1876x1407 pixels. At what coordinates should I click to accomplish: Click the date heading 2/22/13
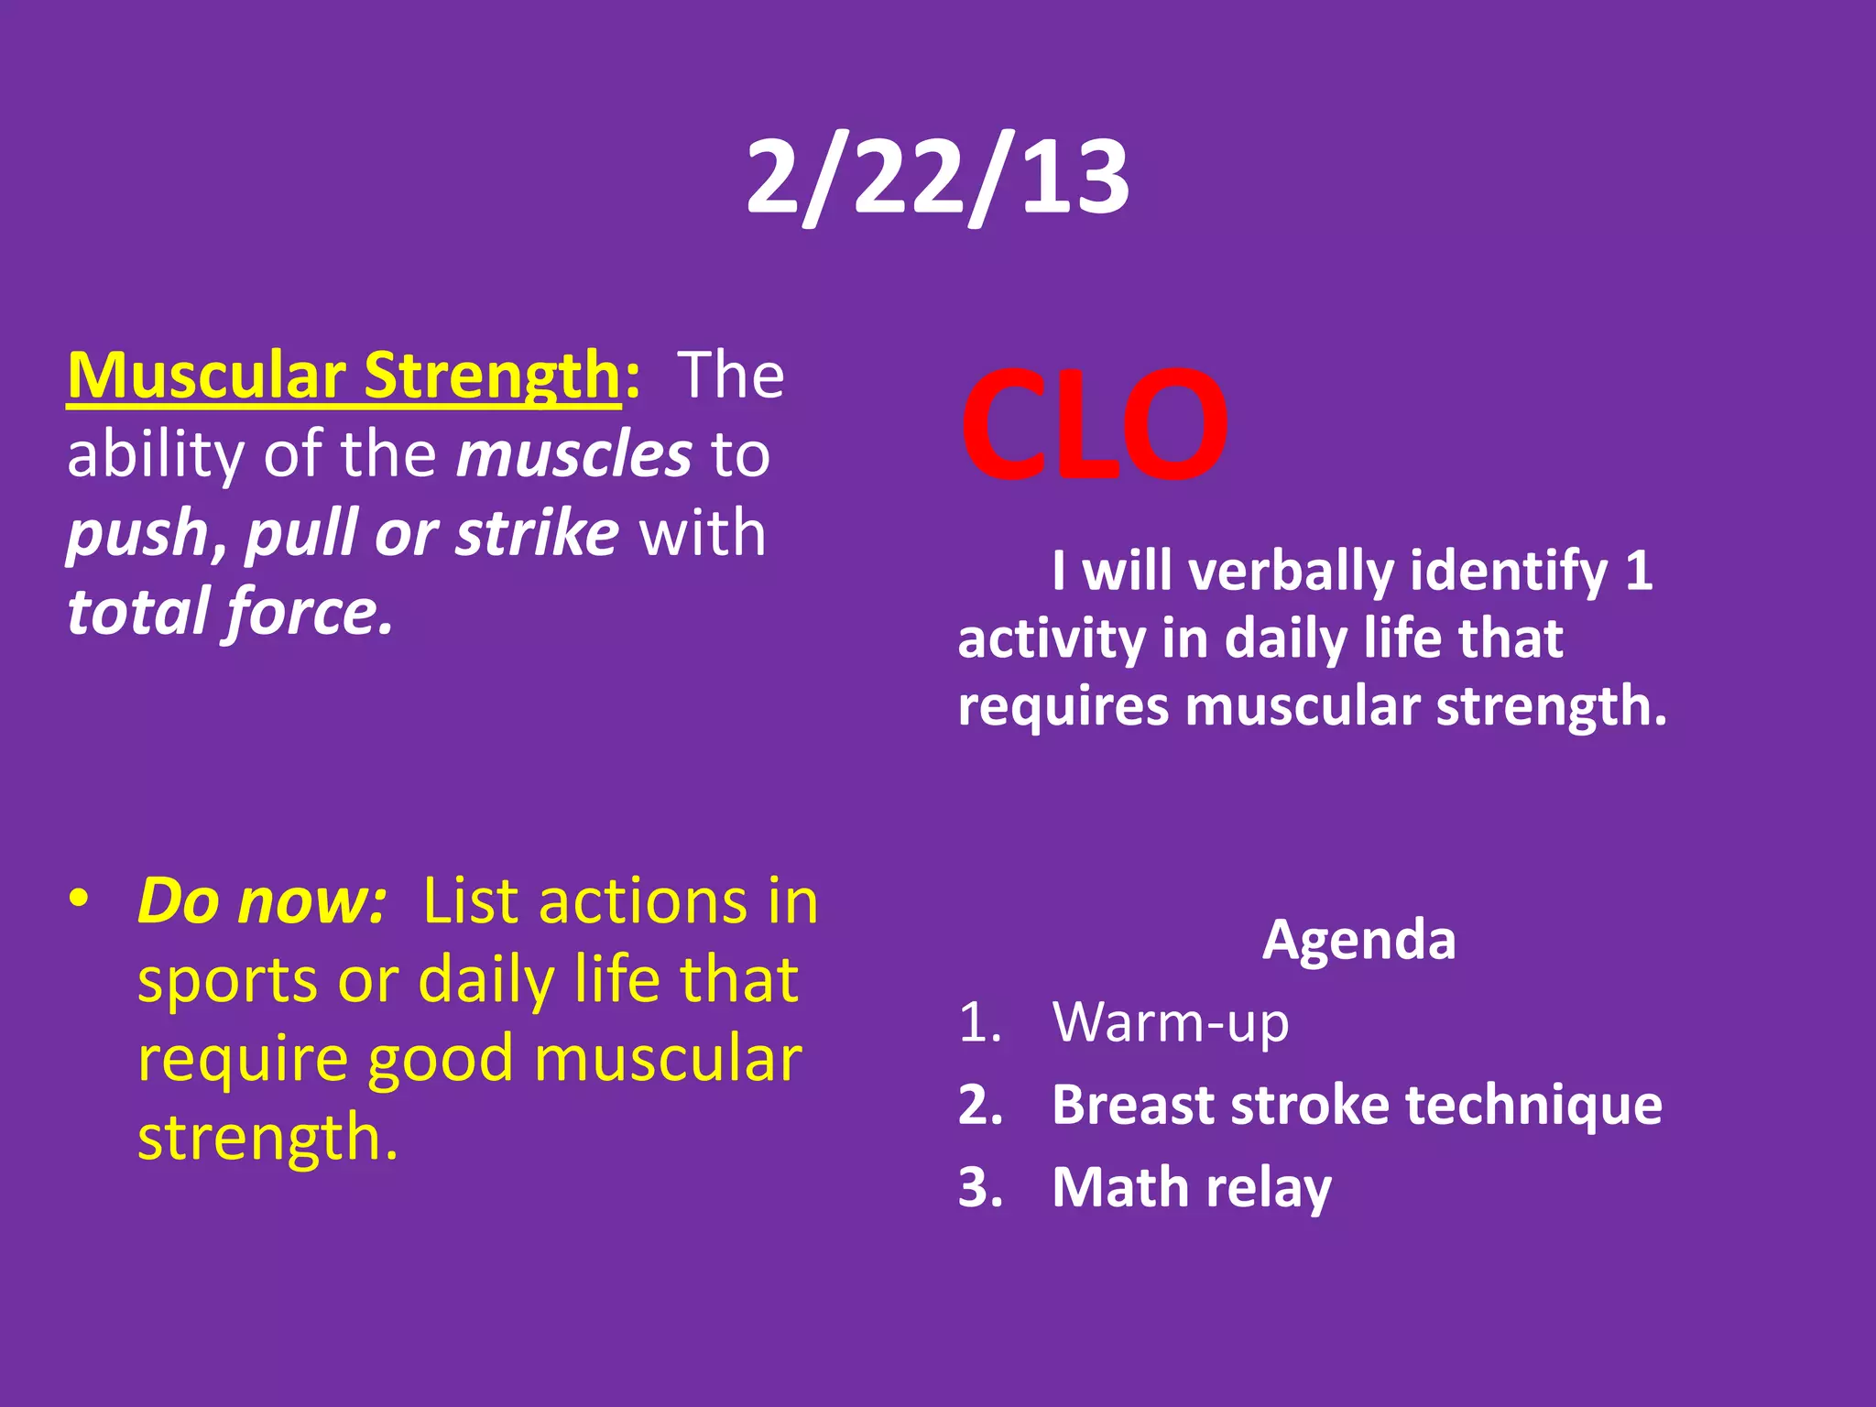pyautogui.click(x=937, y=176)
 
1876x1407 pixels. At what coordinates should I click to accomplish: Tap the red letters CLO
pyautogui.click(x=1094, y=425)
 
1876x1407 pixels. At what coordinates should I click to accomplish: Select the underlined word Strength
pyautogui.click(x=493, y=376)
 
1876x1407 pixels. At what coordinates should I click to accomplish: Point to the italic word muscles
pyautogui.click(x=574, y=454)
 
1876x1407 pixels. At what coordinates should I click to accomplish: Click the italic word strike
pyautogui.click(x=538, y=533)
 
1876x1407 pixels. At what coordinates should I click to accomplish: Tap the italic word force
pyautogui.click(x=310, y=612)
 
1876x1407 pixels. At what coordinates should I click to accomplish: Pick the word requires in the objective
pyautogui.click(x=1063, y=706)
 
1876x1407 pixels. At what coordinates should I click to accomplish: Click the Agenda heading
pyautogui.click(x=1358, y=940)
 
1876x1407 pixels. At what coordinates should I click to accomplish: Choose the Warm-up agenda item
pyautogui.click(x=1170, y=1022)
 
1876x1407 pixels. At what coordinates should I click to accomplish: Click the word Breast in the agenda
pyautogui.click(x=1132, y=1105)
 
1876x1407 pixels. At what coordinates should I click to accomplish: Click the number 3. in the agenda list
pyautogui.click(x=980, y=1188)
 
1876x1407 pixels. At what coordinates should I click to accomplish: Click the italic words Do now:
pyautogui.click(x=262, y=901)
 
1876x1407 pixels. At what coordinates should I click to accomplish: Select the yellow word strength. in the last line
pyautogui.click(x=267, y=1138)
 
